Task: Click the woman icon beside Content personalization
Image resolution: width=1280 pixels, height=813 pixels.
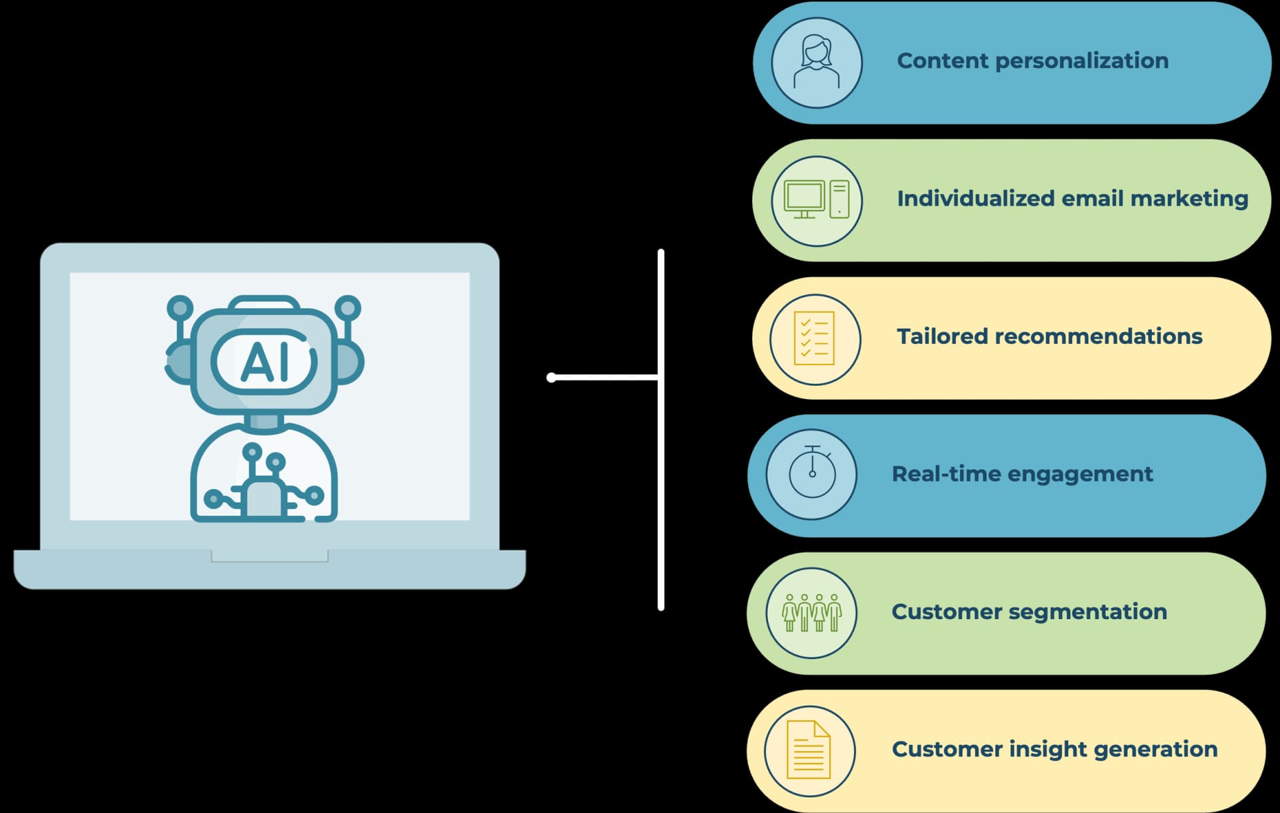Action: (x=817, y=62)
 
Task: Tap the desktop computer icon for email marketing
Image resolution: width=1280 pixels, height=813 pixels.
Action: (x=817, y=200)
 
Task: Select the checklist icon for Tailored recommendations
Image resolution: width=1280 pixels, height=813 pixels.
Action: (x=815, y=339)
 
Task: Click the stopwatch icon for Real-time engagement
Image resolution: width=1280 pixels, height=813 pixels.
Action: (x=812, y=473)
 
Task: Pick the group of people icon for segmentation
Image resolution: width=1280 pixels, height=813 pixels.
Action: (x=812, y=612)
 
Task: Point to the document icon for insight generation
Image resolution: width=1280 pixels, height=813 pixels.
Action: (x=809, y=750)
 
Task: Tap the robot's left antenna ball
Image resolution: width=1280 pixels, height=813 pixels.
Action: (x=180, y=308)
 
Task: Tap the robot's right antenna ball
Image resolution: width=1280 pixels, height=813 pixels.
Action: (x=347, y=308)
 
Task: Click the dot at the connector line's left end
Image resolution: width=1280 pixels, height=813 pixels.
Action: (x=551, y=378)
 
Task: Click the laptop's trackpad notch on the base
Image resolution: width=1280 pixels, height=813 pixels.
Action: (x=269, y=556)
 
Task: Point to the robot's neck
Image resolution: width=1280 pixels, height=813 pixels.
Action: (x=264, y=421)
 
